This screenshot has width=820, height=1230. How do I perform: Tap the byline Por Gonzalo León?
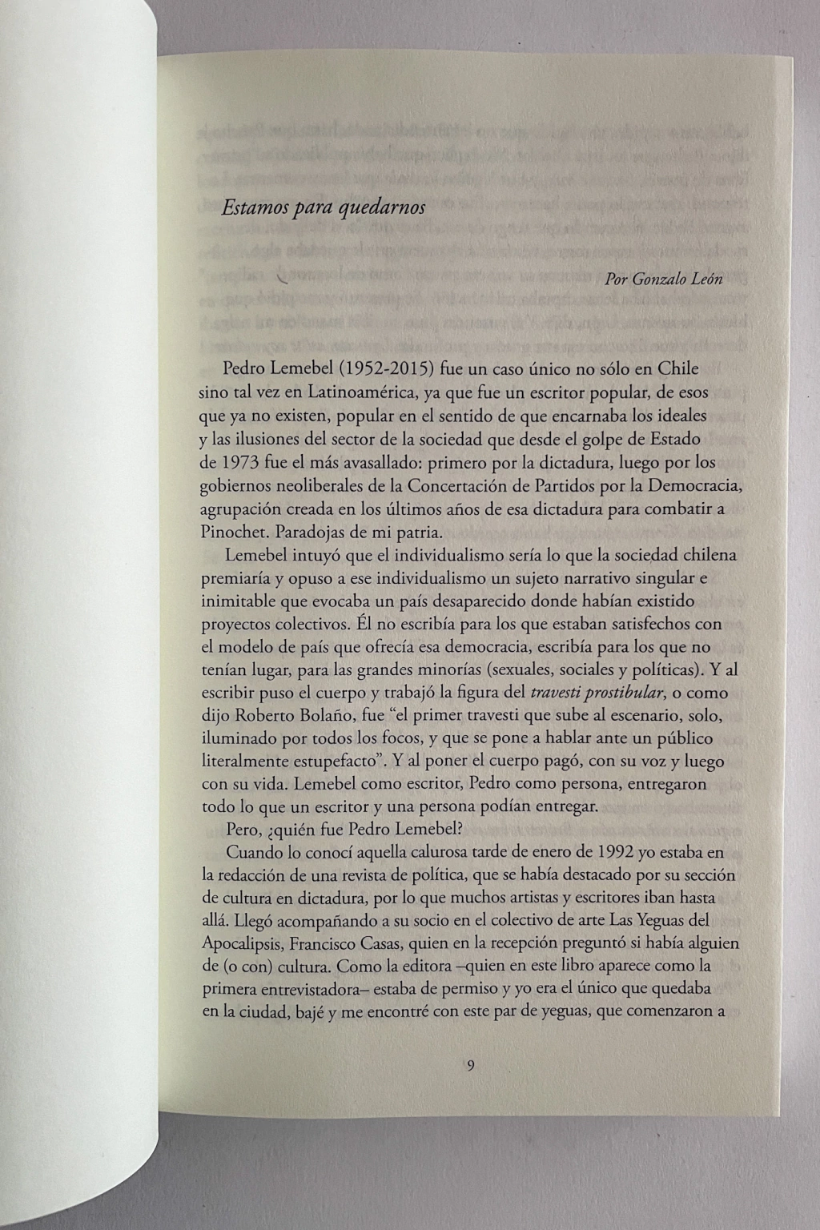click(x=665, y=279)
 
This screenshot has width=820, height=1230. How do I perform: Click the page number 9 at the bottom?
click(x=470, y=1065)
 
